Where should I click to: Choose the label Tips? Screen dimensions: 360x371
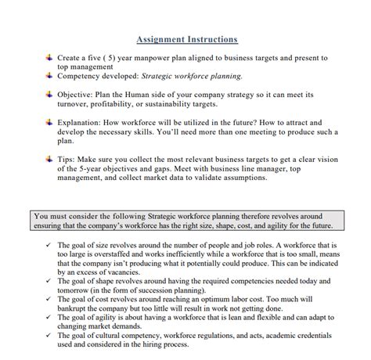[x=68, y=159]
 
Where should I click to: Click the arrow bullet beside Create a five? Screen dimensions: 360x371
[x=49, y=57]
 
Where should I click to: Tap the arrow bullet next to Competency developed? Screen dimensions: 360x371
[x=49, y=76]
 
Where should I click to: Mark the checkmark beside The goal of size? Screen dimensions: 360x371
[x=48, y=244]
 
